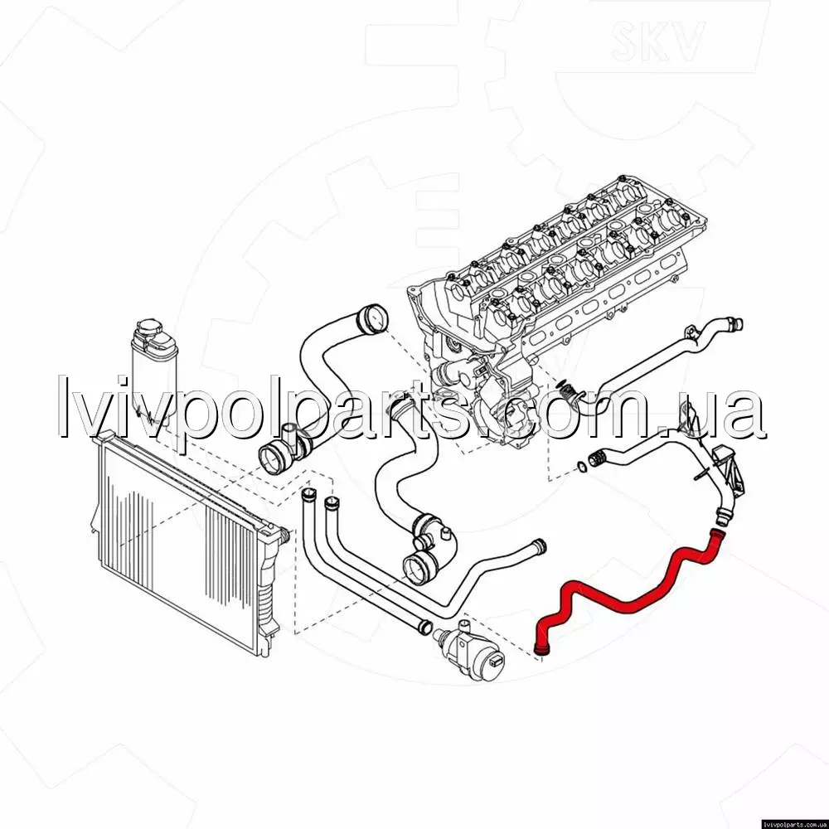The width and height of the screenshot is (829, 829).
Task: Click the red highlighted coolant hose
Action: click(629, 600)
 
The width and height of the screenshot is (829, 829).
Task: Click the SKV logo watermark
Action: click(657, 41)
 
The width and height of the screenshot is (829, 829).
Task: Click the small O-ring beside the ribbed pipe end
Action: click(580, 466)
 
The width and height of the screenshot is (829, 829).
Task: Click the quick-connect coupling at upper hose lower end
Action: click(275, 458)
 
